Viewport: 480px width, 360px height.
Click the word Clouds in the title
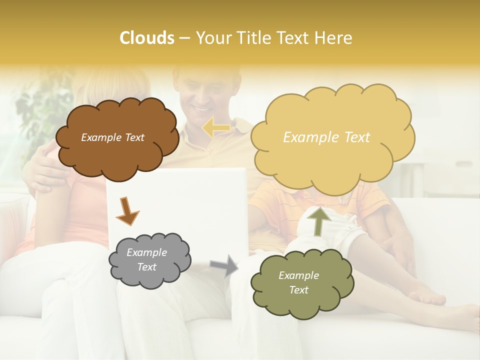point(147,38)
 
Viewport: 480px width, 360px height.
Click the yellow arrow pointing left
point(216,127)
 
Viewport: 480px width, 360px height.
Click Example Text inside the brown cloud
point(112,137)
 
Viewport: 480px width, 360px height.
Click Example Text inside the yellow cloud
point(326,137)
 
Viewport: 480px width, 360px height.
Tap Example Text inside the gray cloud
point(147,260)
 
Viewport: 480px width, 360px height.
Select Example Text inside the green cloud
point(298,282)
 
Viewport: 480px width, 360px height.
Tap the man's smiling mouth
point(203,109)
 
